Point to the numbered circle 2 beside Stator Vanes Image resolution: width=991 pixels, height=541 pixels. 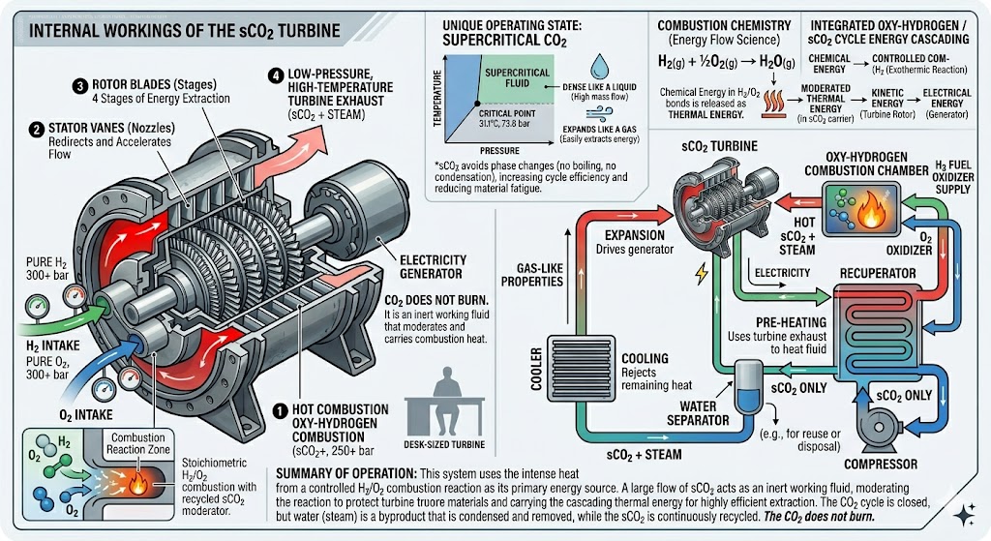coord(36,128)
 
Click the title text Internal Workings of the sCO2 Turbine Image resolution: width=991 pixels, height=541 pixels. coord(184,31)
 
